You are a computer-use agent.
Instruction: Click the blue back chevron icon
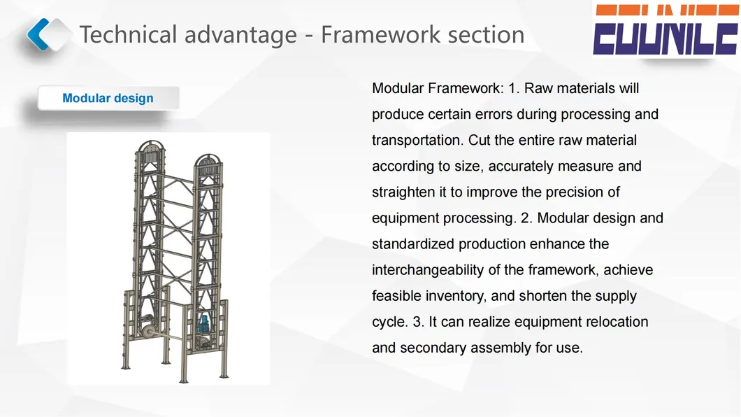click(38, 34)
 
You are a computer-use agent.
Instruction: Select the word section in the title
click(486, 34)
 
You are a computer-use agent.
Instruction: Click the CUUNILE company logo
click(666, 29)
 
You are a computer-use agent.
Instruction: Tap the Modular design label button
click(108, 98)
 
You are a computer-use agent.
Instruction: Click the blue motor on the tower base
click(205, 325)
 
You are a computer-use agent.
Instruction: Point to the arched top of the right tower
click(208, 160)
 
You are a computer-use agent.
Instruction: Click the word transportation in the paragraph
click(416, 141)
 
